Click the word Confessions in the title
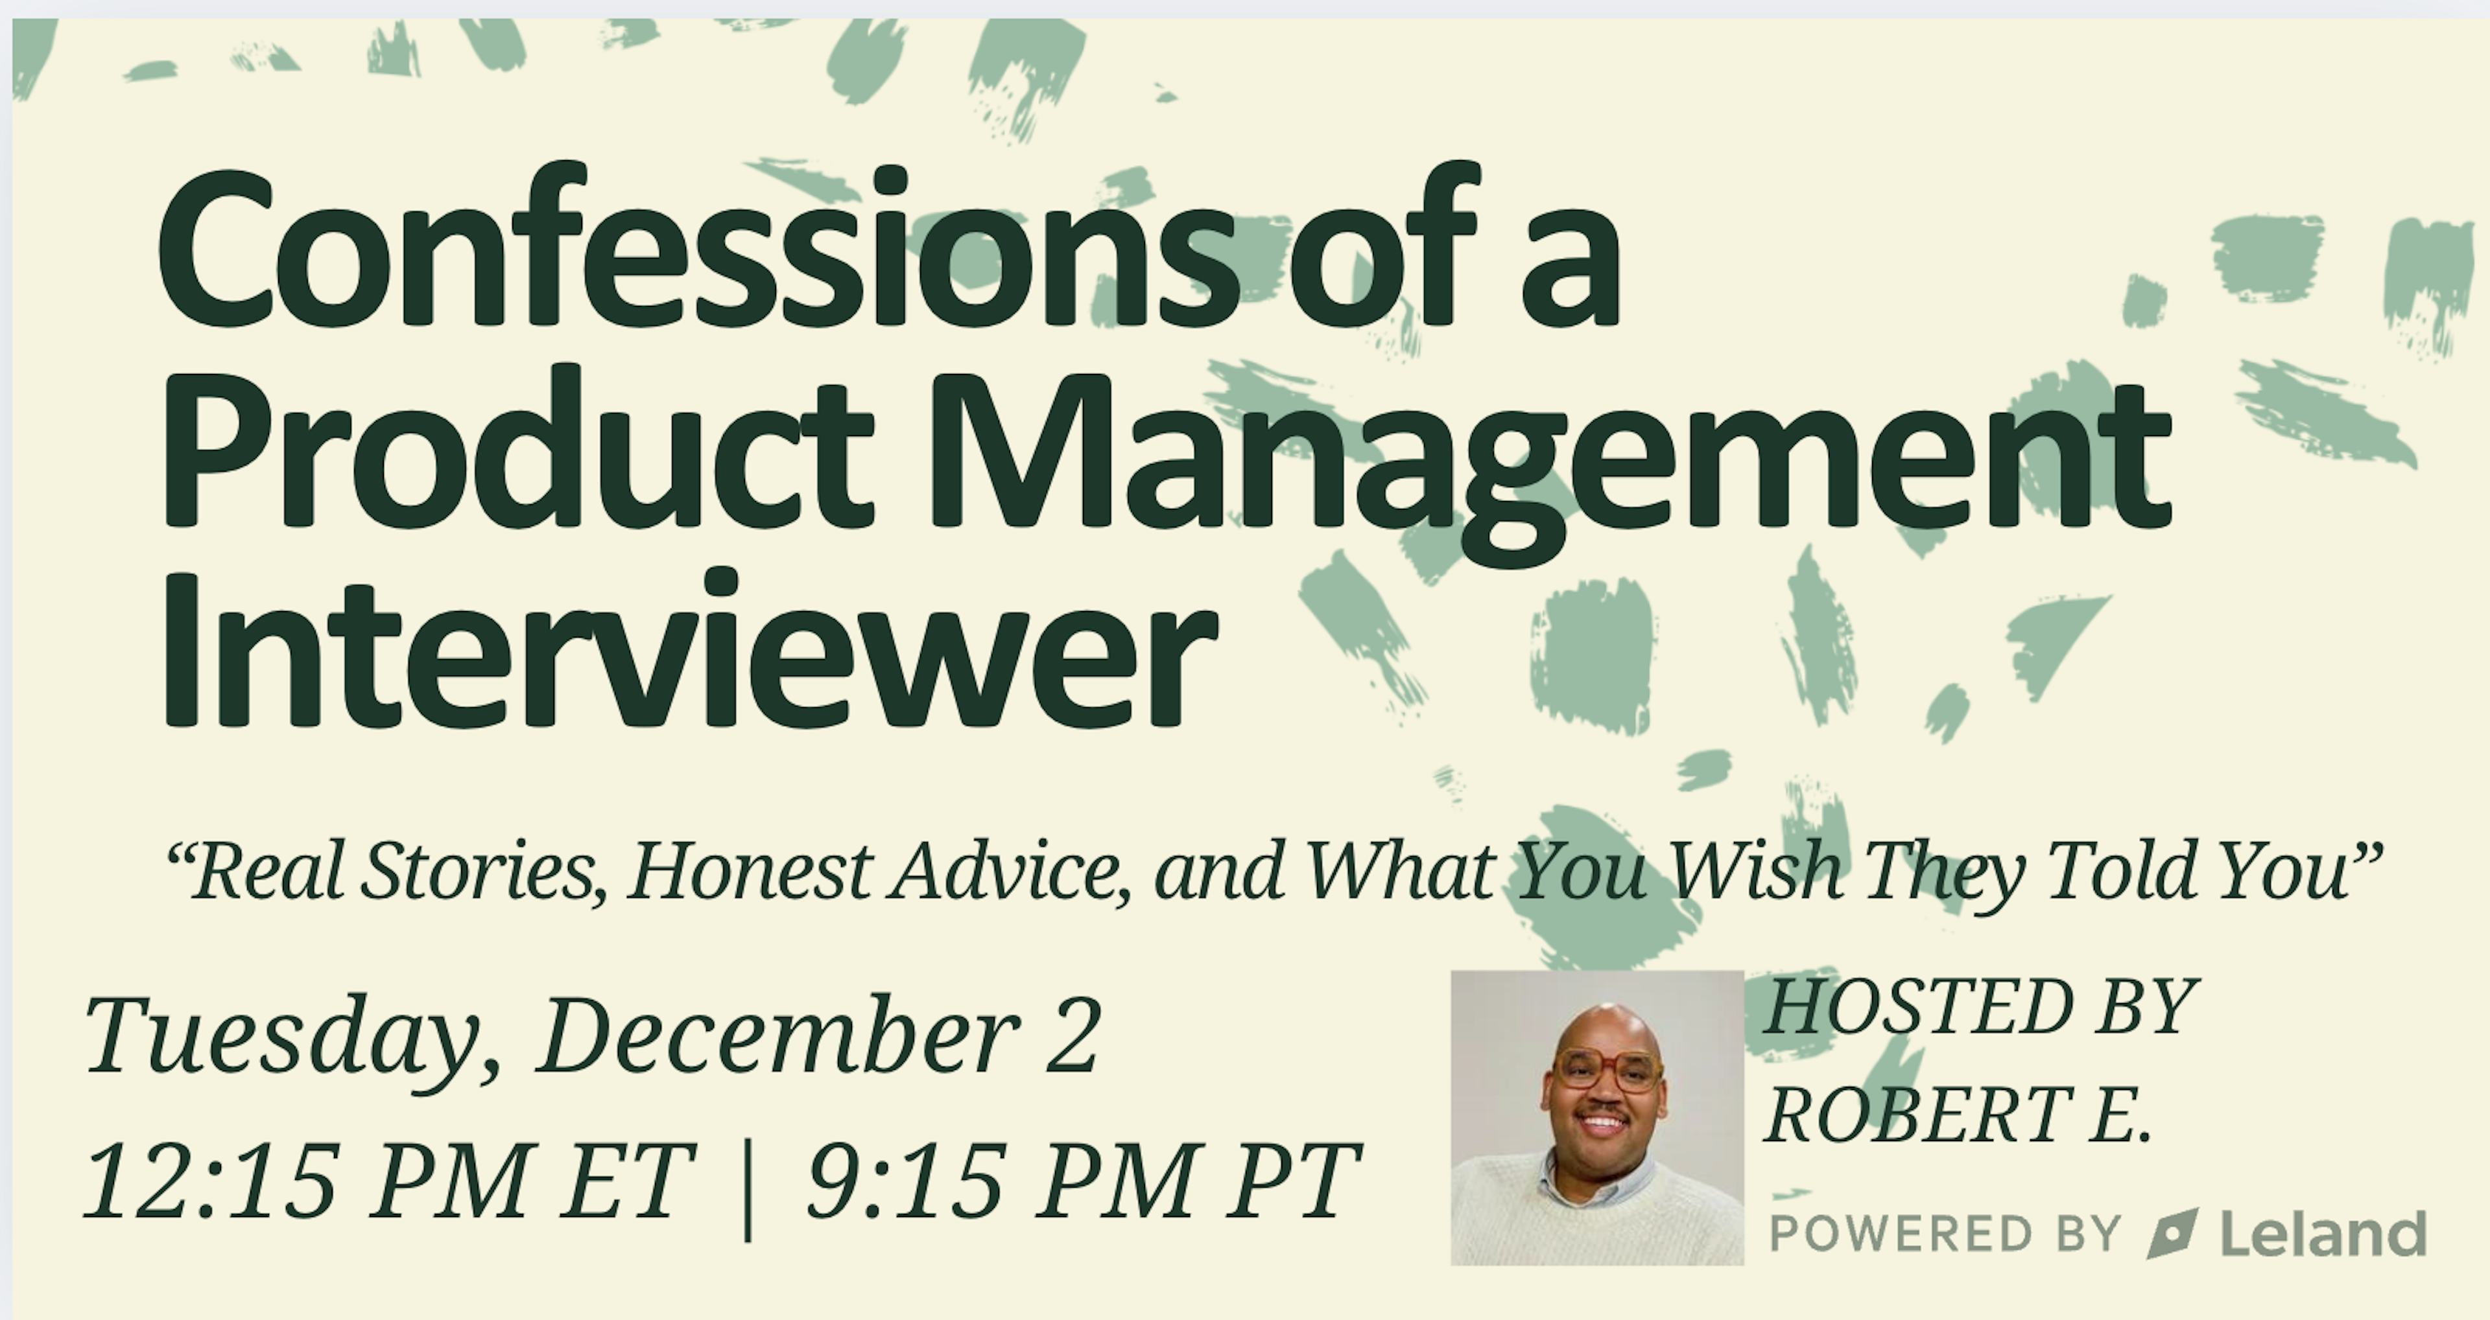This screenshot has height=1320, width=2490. point(695,244)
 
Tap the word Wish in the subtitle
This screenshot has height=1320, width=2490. point(1755,869)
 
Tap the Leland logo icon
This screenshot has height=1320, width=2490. point(2173,1233)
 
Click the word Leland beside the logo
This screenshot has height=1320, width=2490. point(2324,1233)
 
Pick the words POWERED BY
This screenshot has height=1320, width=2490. point(1944,1234)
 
